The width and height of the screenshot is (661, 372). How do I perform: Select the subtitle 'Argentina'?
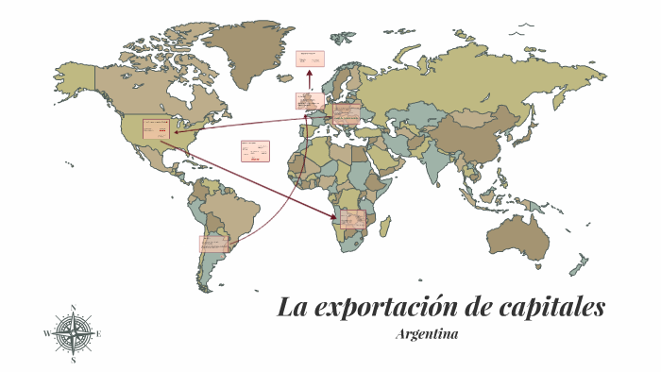[x=428, y=334]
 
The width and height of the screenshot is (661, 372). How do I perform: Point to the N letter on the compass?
[x=74, y=307]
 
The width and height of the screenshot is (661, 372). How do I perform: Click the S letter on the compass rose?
[x=74, y=360]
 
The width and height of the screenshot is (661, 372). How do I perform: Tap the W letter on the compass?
[x=46, y=333]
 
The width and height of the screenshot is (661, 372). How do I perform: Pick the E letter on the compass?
[x=99, y=333]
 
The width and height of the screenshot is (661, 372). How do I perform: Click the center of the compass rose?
[x=74, y=333]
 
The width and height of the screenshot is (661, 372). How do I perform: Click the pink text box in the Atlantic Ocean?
[x=254, y=151]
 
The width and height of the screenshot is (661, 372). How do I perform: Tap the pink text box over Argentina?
[x=212, y=244]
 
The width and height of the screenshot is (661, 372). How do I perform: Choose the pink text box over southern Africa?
[x=353, y=220]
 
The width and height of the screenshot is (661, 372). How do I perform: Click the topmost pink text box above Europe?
[x=309, y=59]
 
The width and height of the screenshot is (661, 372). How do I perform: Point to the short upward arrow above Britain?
[x=309, y=81]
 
